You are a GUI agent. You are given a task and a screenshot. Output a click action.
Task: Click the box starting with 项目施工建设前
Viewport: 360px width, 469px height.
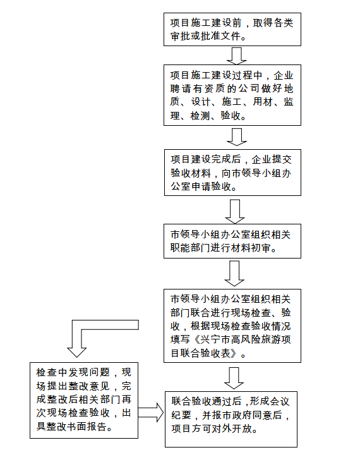pyautogui.click(x=232, y=29)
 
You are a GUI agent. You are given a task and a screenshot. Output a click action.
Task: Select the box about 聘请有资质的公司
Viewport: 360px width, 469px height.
pyautogui.click(x=232, y=95)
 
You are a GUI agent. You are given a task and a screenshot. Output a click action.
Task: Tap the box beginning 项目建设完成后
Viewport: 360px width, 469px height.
pyautogui.click(x=232, y=173)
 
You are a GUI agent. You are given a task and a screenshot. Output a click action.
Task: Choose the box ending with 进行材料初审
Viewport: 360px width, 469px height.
pyautogui.click(x=232, y=241)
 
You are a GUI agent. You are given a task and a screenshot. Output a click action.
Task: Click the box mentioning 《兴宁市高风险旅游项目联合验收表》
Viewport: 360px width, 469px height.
pyautogui.click(x=232, y=326)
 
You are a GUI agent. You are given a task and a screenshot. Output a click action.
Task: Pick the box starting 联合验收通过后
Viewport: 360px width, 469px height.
pyautogui.click(x=231, y=419)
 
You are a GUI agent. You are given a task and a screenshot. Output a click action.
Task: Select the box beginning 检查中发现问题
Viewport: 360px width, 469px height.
pyautogui.click(x=84, y=401)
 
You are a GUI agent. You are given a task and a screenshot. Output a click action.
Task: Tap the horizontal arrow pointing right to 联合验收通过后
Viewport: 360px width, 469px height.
pyautogui.click(x=151, y=412)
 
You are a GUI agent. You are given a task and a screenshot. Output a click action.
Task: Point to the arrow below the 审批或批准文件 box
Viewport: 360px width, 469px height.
pyautogui.click(x=237, y=56)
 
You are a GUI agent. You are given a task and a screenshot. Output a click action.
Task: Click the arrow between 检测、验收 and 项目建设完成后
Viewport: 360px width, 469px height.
pyautogui.click(x=237, y=137)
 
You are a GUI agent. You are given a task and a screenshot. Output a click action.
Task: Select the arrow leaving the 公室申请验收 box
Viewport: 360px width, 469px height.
pyautogui.click(x=235, y=212)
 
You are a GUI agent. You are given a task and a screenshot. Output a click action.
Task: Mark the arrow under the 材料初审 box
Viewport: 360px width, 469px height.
pyautogui.click(x=234, y=274)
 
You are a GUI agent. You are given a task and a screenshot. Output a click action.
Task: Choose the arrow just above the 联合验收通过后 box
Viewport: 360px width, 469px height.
pyautogui.click(x=234, y=378)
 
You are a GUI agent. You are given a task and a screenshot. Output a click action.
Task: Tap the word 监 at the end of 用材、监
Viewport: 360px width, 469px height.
pyautogui.click(x=288, y=102)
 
